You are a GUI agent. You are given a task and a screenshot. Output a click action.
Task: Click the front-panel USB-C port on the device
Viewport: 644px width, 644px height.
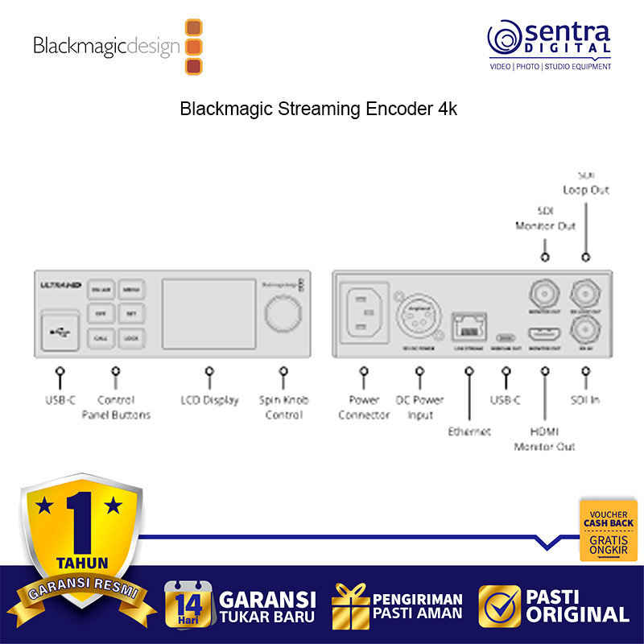click(x=59, y=331)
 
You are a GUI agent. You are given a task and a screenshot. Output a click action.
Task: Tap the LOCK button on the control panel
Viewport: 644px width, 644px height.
click(x=130, y=339)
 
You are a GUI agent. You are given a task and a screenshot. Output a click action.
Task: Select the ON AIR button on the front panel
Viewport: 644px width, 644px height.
click(x=101, y=289)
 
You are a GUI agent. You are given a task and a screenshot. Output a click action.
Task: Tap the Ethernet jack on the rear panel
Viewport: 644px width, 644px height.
click(x=469, y=327)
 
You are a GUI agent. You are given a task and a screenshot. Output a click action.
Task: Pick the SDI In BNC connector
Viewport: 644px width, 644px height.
click(x=585, y=330)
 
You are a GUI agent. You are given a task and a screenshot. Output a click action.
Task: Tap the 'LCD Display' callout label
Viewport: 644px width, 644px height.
click(x=209, y=400)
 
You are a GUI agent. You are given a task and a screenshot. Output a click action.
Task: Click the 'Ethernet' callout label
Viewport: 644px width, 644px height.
click(x=469, y=431)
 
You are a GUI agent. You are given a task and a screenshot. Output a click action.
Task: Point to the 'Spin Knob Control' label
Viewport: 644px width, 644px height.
click(x=283, y=407)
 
